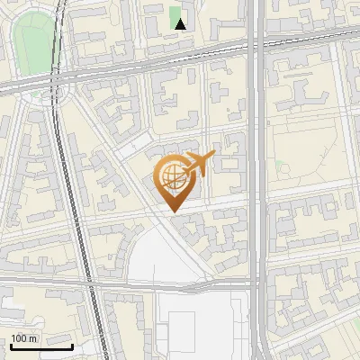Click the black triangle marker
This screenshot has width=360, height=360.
[x=181, y=24]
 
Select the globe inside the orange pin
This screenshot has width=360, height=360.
[x=172, y=176]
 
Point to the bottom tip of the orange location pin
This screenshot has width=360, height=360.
[x=173, y=211]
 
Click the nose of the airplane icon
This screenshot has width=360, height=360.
[x=212, y=156]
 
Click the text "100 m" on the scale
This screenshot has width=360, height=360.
[x=24, y=338]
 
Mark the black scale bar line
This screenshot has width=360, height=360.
[x=41, y=346]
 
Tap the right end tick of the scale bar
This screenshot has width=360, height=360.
[x=72, y=344]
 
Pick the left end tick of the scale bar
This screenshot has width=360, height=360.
[x=11, y=344]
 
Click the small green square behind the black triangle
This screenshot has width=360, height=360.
[x=176, y=17]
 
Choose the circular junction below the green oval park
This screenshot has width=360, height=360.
[x=53, y=91]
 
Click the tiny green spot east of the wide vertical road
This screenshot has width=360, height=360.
[x=281, y=166]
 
